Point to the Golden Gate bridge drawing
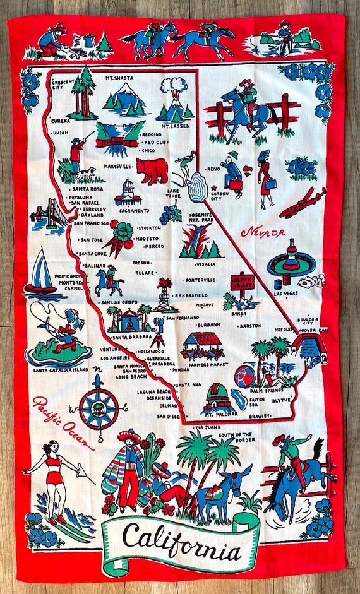pyautogui.click(x=50, y=215)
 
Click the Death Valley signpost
pyautogui.click(x=241, y=282)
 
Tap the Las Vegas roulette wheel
pyautogui.click(x=291, y=259)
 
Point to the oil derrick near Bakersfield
pyautogui.click(x=164, y=295)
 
